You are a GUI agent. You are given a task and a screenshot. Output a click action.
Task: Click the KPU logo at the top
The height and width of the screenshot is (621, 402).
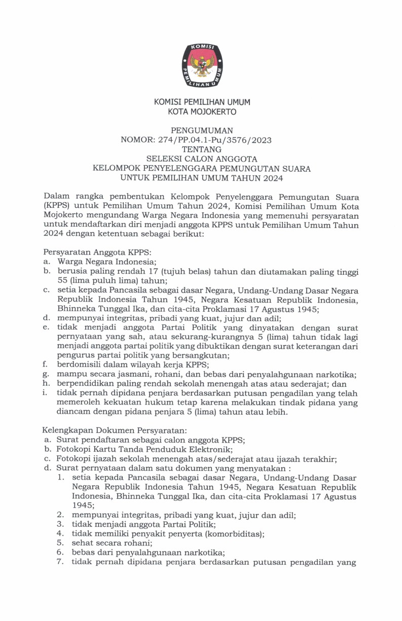click(202, 65)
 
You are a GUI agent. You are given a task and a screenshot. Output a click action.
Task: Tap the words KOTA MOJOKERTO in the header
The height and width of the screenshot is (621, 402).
click(202, 112)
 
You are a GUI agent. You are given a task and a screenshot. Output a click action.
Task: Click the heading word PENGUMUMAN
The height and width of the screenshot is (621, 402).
click(202, 131)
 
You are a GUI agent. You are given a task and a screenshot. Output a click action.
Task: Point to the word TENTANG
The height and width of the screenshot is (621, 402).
click(202, 150)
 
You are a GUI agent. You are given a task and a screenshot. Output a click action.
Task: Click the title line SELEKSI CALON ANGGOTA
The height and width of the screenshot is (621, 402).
click(202, 159)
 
